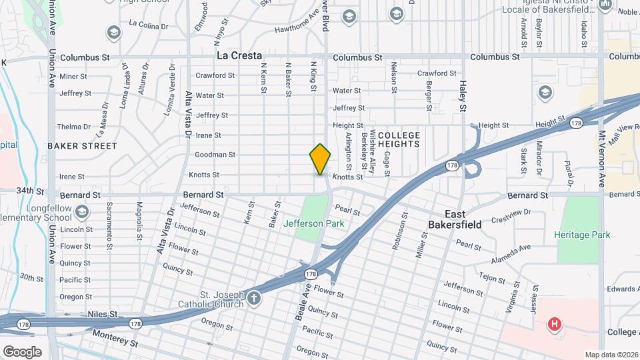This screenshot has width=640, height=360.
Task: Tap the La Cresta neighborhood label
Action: (x=238, y=56)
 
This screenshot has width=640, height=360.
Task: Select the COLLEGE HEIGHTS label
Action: (x=399, y=139)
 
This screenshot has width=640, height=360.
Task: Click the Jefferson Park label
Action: (x=313, y=223)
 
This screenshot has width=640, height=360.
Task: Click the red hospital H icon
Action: (x=553, y=325)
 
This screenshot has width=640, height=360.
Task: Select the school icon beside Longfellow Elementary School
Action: (x=81, y=212)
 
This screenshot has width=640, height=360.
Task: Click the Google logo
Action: (x=22, y=352)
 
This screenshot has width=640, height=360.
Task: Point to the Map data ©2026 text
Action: (x=611, y=355)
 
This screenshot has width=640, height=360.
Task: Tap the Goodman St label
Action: (x=215, y=155)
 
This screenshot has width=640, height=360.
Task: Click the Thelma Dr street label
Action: (x=73, y=127)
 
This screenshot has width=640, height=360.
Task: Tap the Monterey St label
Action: (x=115, y=339)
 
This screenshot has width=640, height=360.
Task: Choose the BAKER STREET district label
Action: (x=82, y=146)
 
